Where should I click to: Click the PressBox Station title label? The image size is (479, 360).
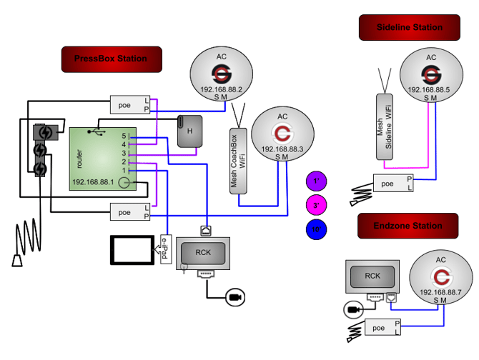point(110,59)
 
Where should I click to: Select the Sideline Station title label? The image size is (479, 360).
point(409,28)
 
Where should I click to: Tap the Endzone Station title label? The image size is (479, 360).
point(408,226)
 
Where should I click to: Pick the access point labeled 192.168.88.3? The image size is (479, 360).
point(282,134)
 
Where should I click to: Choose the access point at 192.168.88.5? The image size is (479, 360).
point(430,74)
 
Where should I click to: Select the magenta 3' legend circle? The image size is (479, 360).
point(315,206)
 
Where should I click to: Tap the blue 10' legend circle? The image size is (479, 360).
point(315,229)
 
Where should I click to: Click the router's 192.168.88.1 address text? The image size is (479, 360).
point(94,183)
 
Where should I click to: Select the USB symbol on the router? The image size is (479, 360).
point(98,132)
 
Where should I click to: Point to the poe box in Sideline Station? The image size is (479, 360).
point(392,183)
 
